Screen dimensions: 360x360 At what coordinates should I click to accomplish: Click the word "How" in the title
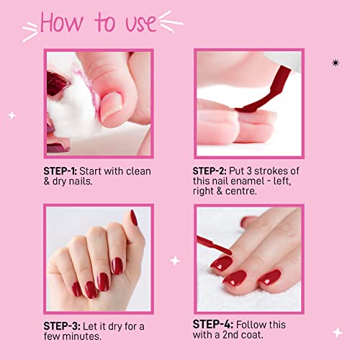point(62,22)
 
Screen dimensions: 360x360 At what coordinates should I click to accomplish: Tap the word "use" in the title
point(141,23)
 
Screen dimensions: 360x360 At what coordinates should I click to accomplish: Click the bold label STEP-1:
point(60,171)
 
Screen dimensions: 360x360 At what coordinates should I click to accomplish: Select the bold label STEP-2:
point(210,171)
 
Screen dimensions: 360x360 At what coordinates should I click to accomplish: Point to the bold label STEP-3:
point(62,326)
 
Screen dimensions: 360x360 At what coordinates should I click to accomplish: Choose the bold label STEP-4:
point(213,325)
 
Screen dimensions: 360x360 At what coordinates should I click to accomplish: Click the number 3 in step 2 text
point(249,171)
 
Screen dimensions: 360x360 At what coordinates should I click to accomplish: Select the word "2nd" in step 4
point(230,335)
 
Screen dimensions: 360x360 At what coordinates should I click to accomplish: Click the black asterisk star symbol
point(336,63)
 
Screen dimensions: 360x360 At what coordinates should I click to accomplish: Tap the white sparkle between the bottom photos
point(175,261)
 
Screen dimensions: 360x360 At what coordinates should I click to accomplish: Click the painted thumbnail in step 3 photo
point(134,217)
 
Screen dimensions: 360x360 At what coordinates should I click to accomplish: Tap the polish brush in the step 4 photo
point(214,246)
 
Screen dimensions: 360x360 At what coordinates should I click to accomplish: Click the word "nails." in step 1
point(81,181)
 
